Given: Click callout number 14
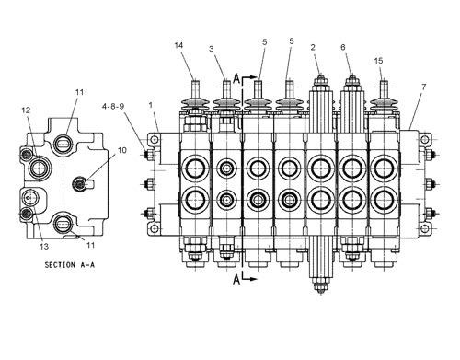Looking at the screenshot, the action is point(178,45).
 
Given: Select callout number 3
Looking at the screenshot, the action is point(212,49).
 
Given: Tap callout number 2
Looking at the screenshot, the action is point(313,47).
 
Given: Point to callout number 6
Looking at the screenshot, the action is point(343,47).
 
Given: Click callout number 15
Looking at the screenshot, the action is point(378,61).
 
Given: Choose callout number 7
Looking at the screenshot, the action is point(423,87).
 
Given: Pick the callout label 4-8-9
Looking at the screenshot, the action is point(113,107).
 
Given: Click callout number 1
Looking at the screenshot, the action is point(151,105).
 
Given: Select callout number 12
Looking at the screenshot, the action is point(26,110).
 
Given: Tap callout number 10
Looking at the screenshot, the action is point(121,150).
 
